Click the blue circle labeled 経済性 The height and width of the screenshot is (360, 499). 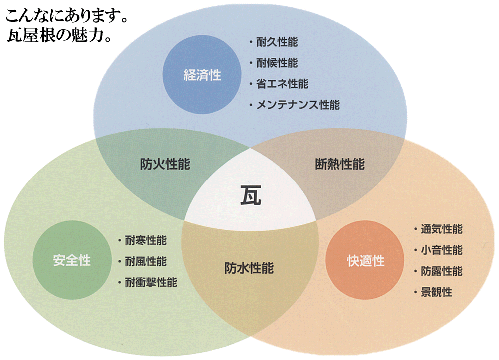tap(202, 75)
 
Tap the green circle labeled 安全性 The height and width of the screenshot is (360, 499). tap(72, 260)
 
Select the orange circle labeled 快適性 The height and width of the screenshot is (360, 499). tap(365, 260)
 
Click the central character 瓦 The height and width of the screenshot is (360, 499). tap(250, 195)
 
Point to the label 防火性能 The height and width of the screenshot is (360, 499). tap(165, 164)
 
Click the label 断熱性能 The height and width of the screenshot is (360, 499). tap(340, 164)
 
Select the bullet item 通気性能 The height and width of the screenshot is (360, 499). tap(441, 229)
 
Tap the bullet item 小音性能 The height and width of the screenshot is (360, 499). tap(441, 250)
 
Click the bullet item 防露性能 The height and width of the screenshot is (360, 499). tap(441, 271)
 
